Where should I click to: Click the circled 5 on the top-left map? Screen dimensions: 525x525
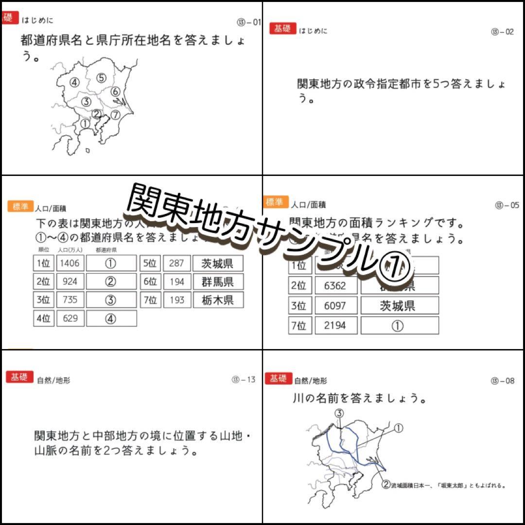point(101,77)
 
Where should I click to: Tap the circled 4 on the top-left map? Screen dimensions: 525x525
point(74,82)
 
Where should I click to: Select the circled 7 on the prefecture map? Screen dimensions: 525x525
point(115,115)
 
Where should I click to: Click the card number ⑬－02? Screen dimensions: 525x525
point(502,32)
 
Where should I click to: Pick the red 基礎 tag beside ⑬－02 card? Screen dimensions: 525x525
point(282,28)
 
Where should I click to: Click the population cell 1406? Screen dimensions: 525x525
point(70,263)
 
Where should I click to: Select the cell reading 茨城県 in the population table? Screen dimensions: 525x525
point(217,263)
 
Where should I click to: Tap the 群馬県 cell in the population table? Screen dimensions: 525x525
point(217,281)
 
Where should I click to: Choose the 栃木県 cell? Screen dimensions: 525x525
point(217,300)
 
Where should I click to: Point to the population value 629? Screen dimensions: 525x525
point(70,318)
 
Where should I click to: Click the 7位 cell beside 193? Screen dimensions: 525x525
point(150,300)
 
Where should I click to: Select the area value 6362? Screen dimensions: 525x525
point(335,285)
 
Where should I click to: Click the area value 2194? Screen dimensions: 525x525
point(335,326)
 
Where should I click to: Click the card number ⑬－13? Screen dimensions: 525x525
point(243,380)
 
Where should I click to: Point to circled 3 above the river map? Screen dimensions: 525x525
point(339,414)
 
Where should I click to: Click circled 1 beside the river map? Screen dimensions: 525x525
point(398,428)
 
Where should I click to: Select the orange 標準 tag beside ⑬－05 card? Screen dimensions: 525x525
point(276,202)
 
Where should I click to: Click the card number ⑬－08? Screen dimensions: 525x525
point(502,381)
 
